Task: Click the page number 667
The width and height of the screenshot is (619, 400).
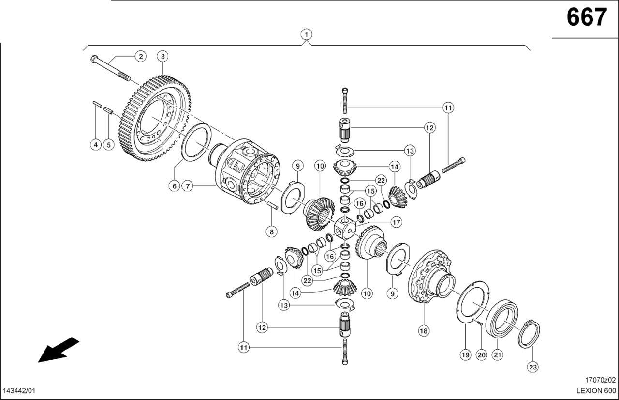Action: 586,18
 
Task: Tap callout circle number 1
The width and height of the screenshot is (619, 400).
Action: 306,34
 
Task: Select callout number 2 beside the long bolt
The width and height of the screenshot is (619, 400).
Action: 140,57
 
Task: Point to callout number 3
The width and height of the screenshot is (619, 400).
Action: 163,57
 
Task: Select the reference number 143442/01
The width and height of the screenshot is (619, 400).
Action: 19,391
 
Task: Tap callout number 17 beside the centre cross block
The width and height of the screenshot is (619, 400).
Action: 396,223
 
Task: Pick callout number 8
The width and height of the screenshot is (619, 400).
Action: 272,232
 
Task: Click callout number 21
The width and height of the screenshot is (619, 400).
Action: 498,355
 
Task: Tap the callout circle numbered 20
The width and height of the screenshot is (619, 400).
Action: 481,355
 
